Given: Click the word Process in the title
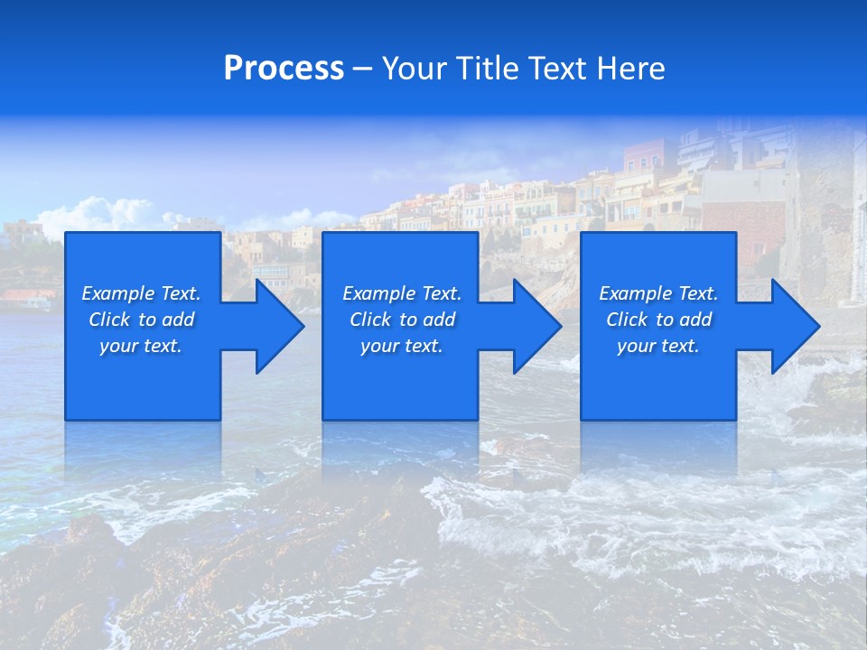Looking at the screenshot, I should pyautogui.click(x=284, y=69).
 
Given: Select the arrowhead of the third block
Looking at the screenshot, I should pyautogui.click(x=794, y=326).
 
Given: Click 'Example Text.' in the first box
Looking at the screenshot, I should pyautogui.click(x=141, y=293).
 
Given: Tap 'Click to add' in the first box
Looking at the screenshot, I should pyautogui.click(x=141, y=320).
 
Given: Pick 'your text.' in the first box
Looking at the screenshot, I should pyautogui.click(x=141, y=346).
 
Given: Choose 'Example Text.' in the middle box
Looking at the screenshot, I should pyautogui.click(x=401, y=293).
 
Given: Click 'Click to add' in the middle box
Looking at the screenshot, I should pyautogui.click(x=401, y=320).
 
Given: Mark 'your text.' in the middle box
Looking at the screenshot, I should pyautogui.click(x=401, y=346).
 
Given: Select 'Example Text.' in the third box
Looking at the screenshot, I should pyautogui.click(x=658, y=293).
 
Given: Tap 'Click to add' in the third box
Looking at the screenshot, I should pyautogui.click(x=658, y=320).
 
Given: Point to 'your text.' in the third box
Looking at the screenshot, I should pyautogui.click(x=658, y=346).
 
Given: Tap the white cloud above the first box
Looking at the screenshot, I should pyautogui.click(x=99, y=214).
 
